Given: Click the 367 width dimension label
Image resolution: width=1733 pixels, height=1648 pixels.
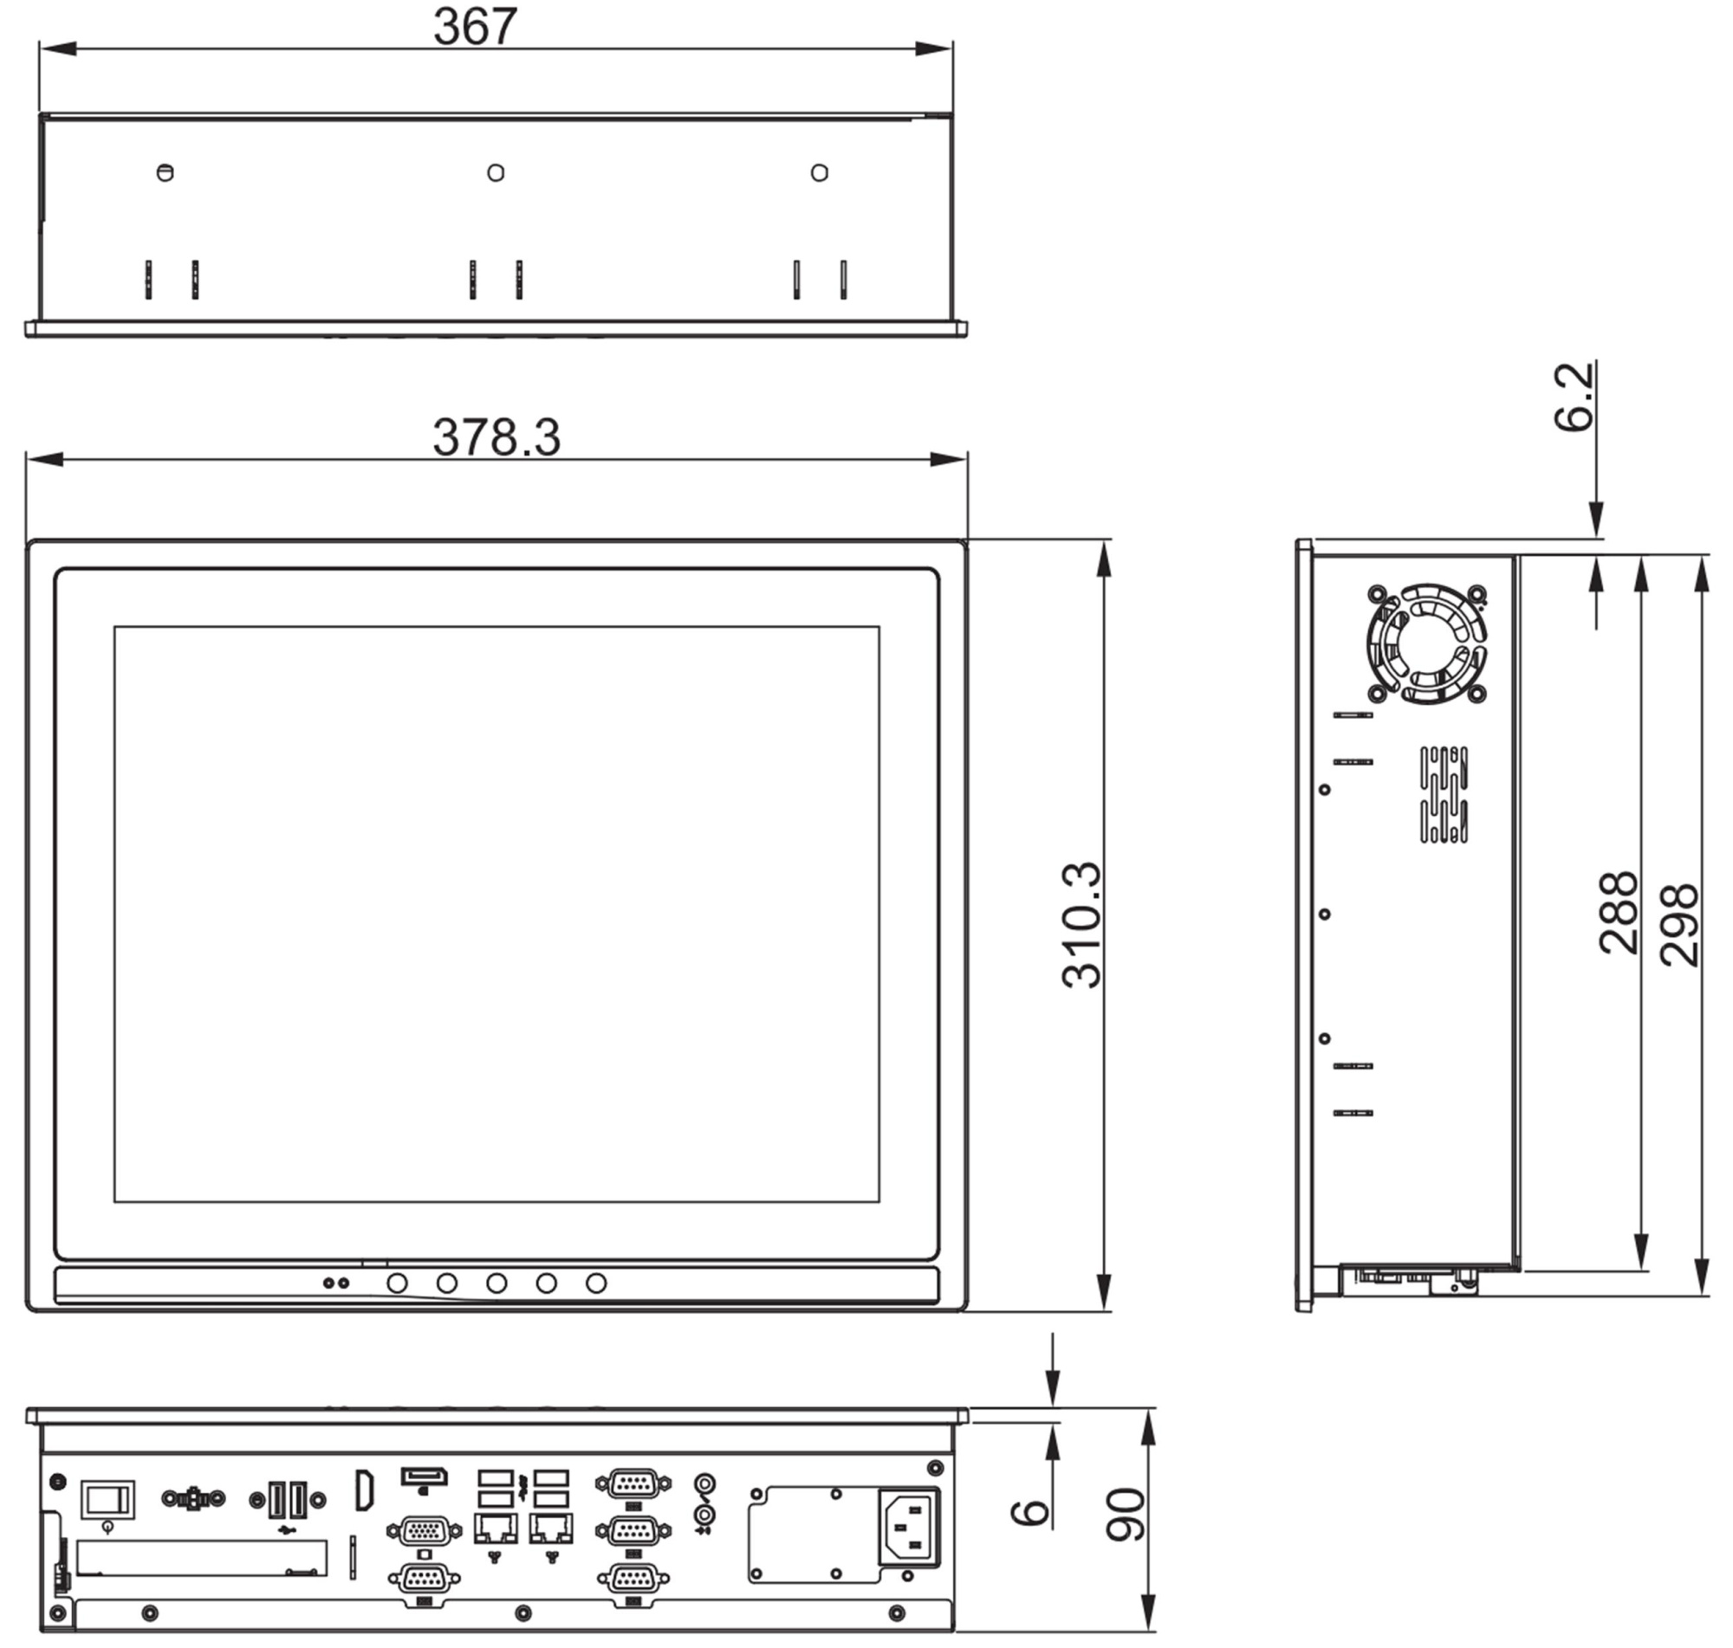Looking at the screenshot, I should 475,26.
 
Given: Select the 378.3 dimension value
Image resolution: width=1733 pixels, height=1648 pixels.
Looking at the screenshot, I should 496,436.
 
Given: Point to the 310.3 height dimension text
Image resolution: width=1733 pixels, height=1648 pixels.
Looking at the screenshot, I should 1081,925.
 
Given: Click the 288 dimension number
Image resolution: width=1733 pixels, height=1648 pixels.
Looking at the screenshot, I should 1618,913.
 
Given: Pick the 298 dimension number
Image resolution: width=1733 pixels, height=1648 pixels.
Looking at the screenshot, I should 1679,925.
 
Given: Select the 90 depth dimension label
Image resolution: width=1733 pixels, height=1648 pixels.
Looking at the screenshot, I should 1126,1515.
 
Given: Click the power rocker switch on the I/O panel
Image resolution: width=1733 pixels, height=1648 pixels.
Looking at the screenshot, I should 108,1499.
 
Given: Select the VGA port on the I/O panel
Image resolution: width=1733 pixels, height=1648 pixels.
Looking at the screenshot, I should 424,1531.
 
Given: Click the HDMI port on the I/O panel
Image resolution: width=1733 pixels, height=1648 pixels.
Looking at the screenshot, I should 364,1490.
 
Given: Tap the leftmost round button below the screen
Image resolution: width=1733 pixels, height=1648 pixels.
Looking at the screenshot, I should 397,1283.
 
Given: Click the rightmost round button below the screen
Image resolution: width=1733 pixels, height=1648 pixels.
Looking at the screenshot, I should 596,1283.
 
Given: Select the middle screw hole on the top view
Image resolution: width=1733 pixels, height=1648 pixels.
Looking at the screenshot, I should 496,173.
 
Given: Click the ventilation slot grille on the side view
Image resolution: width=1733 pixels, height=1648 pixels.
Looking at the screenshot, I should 1444,794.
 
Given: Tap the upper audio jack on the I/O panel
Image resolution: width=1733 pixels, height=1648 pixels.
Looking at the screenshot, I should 704,1483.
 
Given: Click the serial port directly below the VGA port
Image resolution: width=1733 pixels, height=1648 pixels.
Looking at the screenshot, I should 424,1579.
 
